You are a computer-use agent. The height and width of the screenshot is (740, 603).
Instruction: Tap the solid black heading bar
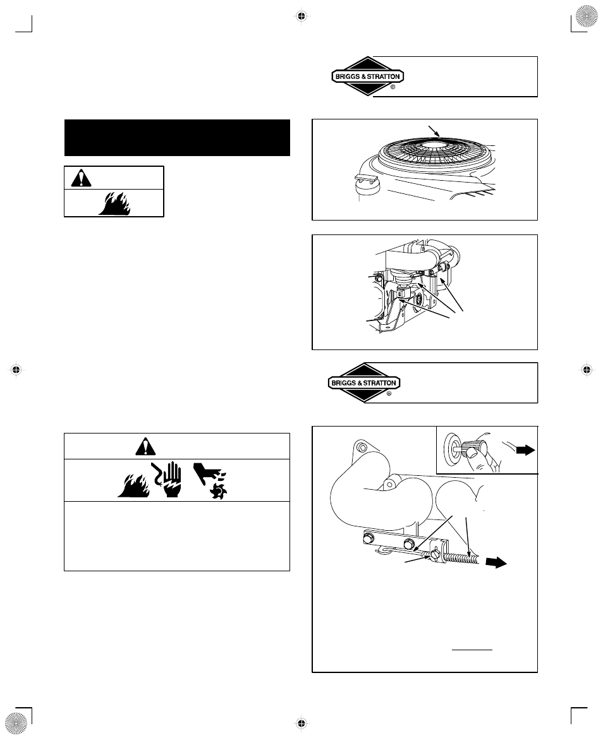pyautogui.click(x=177, y=137)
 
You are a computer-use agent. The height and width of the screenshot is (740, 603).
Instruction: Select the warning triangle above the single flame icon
pyautogui.click(x=80, y=178)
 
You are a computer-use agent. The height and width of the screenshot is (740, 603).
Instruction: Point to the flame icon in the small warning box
pyautogui.click(x=114, y=204)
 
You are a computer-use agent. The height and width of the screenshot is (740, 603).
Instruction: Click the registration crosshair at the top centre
pyautogui.click(x=301, y=16)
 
